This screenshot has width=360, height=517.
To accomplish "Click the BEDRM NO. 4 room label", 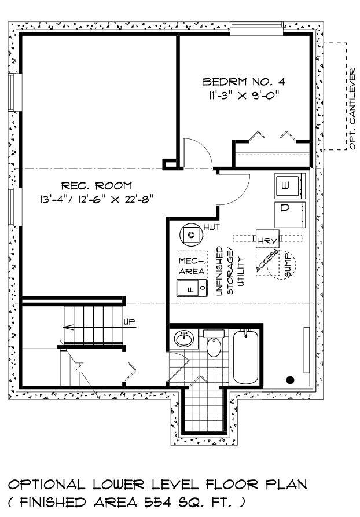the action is (244, 82).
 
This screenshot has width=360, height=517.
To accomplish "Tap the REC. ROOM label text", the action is (97, 186).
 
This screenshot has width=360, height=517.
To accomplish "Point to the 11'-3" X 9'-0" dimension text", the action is (243, 96).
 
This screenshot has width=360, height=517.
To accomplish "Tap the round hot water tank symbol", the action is (190, 234).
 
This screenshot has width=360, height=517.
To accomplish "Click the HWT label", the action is (211, 227).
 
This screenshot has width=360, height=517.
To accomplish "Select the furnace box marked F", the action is (192, 288).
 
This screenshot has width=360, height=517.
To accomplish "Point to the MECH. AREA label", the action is (192, 266).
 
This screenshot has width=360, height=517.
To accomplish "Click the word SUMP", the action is (286, 265).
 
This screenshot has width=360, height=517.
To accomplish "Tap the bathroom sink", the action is (184, 339).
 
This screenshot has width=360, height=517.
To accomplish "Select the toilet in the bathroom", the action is (214, 343).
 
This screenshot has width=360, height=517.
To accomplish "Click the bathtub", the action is (245, 357).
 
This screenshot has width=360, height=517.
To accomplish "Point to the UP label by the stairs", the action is (130, 321).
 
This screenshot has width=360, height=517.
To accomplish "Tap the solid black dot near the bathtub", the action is (290, 380).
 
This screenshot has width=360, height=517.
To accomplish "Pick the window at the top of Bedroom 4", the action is (256, 28).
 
